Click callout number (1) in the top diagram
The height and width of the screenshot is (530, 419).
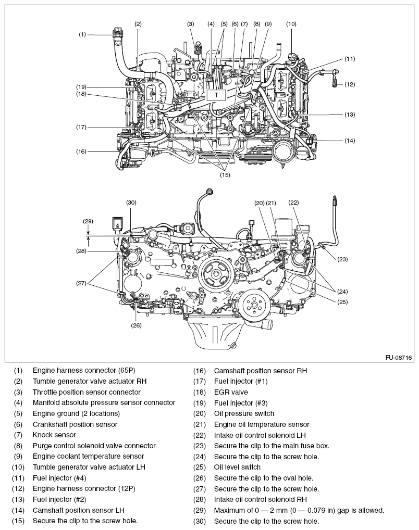[x=82, y=34]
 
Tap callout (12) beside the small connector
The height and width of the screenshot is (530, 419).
[x=350, y=84]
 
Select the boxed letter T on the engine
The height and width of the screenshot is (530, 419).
[x=216, y=95]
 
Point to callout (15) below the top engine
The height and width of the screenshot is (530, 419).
[x=225, y=175]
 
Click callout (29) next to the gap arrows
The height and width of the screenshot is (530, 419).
[x=88, y=221]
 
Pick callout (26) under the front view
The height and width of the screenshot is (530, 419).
[x=136, y=326]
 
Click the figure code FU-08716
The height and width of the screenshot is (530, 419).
[x=399, y=358]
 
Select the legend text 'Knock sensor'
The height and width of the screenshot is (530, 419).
[x=54, y=435]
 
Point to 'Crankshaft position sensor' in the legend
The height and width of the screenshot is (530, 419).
[x=75, y=424]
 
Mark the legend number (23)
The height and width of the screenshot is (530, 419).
[x=200, y=446]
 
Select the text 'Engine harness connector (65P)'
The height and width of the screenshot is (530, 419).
[x=83, y=371]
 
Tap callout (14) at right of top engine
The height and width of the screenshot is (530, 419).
[x=350, y=141]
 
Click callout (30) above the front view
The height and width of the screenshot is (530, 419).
[x=131, y=202]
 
